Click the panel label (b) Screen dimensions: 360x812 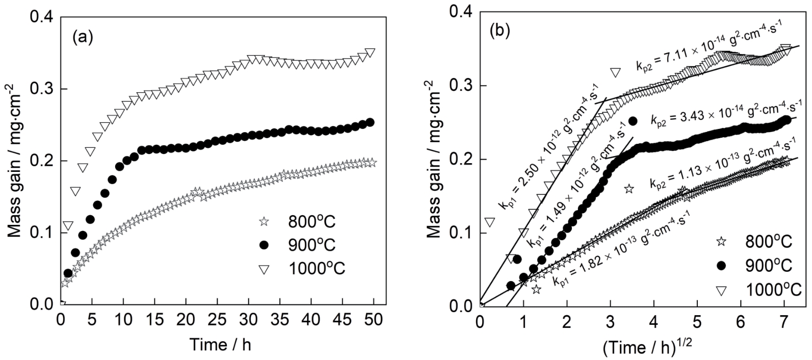[500, 31]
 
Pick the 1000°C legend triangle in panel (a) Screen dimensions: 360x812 [263, 268]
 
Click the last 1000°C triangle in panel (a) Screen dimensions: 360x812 [371, 53]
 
